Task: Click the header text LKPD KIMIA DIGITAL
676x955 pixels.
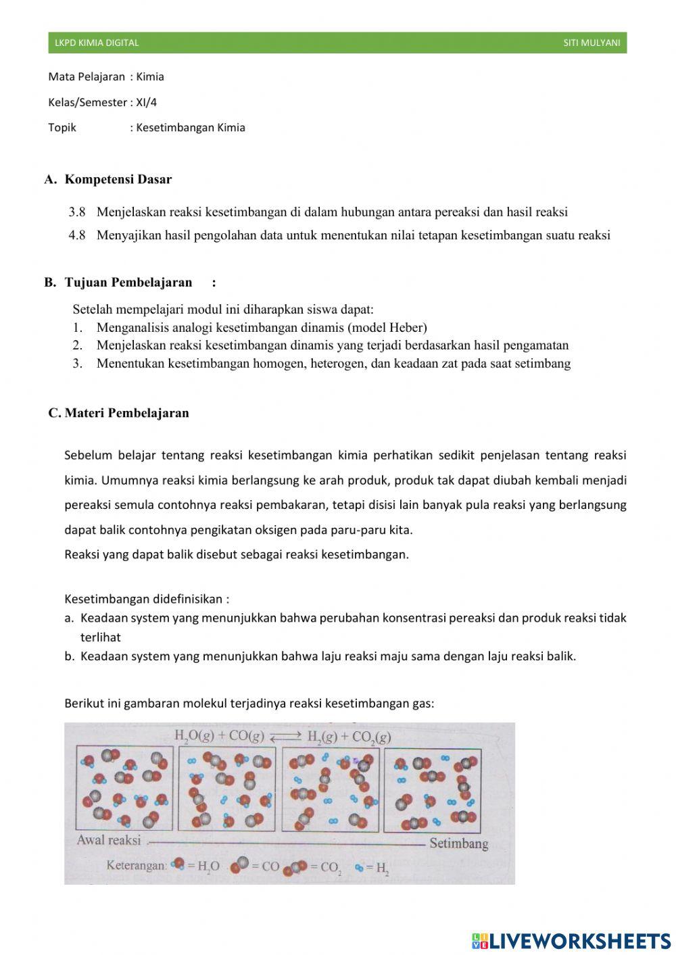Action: point(96,43)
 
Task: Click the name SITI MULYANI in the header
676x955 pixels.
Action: point(591,43)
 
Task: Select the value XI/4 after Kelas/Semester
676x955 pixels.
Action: point(147,102)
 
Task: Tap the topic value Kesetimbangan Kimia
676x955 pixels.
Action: point(191,127)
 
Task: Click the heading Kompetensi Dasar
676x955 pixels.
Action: point(118,179)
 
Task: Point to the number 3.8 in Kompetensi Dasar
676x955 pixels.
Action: point(77,212)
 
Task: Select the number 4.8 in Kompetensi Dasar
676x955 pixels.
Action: point(77,235)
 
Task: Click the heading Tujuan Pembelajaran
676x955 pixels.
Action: point(128,282)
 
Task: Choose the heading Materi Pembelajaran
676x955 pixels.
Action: point(126,413)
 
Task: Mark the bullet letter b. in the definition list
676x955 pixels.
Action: point(69,656)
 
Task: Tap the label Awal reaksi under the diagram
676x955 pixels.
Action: point(109,840)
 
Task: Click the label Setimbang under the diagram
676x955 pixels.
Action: point(458,843)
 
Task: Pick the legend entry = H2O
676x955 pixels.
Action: point(197,866)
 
